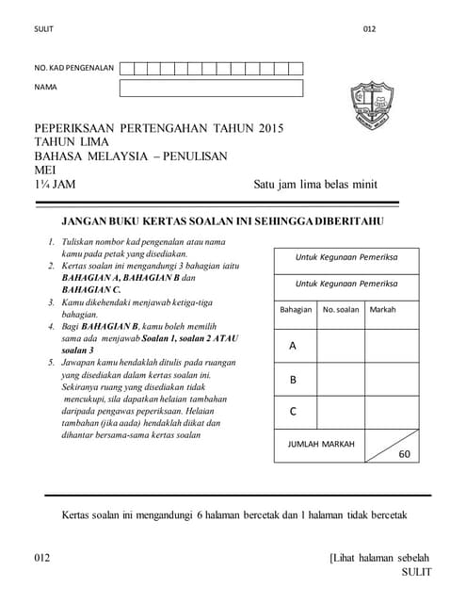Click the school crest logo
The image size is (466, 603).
[x=369, y=105]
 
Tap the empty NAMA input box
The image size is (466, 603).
[x=211, y=88]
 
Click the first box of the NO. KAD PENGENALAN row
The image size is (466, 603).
[x=126, y=68]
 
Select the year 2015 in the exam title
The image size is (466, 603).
[x=269, y=128]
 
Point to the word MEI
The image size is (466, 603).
[x=45, y=171]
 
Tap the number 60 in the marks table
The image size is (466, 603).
[x=405, y=453]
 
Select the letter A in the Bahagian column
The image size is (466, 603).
[x=293, y=346]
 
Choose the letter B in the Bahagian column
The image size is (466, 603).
[x=293, y=380]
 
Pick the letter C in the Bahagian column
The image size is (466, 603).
[x=293, y=412]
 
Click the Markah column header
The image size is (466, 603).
[x=382, y=309]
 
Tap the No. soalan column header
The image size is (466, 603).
[x=341, y=309]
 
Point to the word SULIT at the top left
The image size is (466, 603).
[x=43, y=28]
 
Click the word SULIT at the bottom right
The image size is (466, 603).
[x=416, y=572]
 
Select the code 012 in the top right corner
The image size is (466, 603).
[x=369, y=28]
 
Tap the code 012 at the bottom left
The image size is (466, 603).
[x=41, y=558]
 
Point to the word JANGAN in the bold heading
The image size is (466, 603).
[x=86, y=221]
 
